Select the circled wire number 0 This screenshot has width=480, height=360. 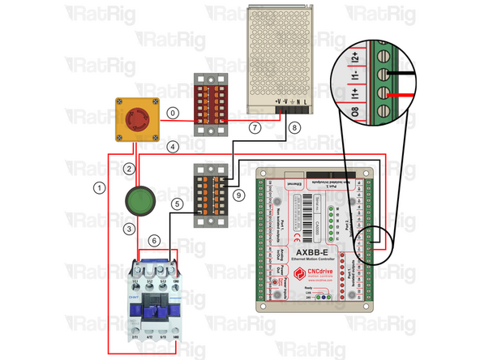pyautogui.click(x=172, y=114)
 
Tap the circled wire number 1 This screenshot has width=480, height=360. pyautogui.click(x=99, y=187)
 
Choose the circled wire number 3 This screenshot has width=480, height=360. pyautogui.click(x=128, y=229)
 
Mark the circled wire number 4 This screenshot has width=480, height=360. pyautogui.click(x=172, y=147)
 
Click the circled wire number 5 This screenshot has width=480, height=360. pyautogui.click(x=176, y=205)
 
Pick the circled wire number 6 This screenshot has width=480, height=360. pyautogui.click(x=154, y=240)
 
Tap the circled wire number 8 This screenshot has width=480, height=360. pyautogui.click(x=294, y=127)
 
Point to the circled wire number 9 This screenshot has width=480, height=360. pyautogui.click(x=237, y=195)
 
